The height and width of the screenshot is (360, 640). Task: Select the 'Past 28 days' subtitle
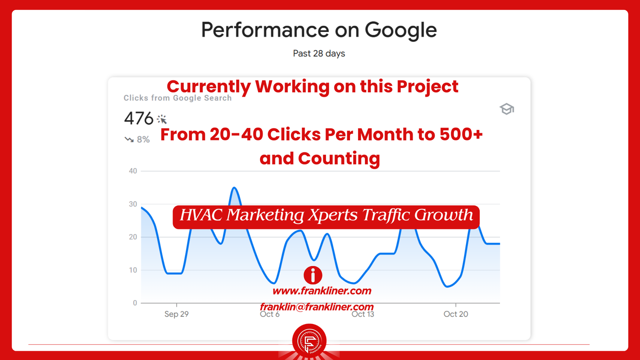click(x=319, y=54)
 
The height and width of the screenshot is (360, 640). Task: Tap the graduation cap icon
click(x=506, y=109)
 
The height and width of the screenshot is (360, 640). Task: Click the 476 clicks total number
click(x=139, y=118)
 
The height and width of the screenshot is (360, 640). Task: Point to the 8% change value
click(x=143, y=140)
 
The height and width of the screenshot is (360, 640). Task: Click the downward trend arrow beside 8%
click(x=129, y=140)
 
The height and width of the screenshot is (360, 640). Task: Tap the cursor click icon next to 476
click(x=162, y=119)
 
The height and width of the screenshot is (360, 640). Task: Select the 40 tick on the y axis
click(x=133, y=171)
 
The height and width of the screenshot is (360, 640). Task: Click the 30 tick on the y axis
click(x=133, y=204)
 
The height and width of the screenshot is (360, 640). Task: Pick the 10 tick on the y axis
click(x=133, y=270)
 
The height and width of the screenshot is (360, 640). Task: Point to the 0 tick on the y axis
click(x=135, y=303)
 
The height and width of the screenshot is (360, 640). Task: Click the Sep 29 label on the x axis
click(x=176, y=314)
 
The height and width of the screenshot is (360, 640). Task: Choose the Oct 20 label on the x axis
click(x=456, y=314)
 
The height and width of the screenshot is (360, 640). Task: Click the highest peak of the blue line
click(x=234, y=188)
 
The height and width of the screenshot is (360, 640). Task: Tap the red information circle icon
click(x=313, y=275)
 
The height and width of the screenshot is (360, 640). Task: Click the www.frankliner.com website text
click(x=322, y=291)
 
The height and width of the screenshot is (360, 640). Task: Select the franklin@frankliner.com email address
click(x=317, y=307)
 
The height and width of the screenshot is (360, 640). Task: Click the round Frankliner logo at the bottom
click(x=309, y=340)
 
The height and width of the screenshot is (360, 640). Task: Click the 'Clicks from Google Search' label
click(x=178, y=98)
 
